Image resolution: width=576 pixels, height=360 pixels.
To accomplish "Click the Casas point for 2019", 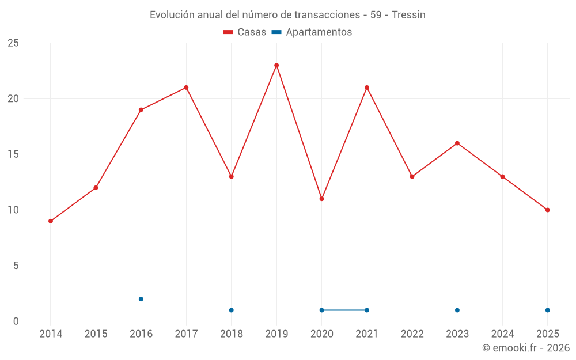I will [x=276, y=65].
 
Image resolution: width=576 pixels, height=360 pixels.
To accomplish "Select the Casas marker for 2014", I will [x=51, y=221].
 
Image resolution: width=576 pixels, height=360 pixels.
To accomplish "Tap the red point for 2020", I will [x=321, y=199].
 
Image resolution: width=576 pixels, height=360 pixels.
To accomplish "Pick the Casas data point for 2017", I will [x=186, y=88].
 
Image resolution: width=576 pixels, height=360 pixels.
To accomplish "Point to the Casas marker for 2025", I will [x=547, y=210].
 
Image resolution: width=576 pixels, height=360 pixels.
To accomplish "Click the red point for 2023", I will [x=457, y=143].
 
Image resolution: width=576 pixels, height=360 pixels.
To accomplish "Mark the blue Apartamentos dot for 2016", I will [x=141, y=299].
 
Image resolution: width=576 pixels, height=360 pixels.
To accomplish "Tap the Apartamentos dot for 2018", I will [x=231, y=310].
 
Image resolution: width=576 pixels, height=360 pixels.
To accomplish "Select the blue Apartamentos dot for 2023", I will [x=457, y=310].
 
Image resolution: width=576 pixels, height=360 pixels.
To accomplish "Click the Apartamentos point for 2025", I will [x=547, y=310].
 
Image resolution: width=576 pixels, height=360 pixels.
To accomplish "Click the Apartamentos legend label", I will [x=319, y=32].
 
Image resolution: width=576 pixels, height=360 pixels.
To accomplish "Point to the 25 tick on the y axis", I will [x=13, y=43].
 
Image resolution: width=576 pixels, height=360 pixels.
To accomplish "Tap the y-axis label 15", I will [x=13, y=154].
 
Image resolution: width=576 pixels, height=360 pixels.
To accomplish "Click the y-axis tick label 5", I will [x=16, y=266].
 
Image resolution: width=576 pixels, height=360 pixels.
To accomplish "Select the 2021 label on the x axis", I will [x=367, y=334].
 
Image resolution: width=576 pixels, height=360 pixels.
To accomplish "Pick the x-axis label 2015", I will [x=96, y=334].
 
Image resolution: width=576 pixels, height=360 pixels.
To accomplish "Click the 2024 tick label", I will [x=502, y=334].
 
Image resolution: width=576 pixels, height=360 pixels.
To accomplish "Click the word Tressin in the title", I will [x=408, y=15].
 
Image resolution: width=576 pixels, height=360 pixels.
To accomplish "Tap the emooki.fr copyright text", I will [x=526, y=348].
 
